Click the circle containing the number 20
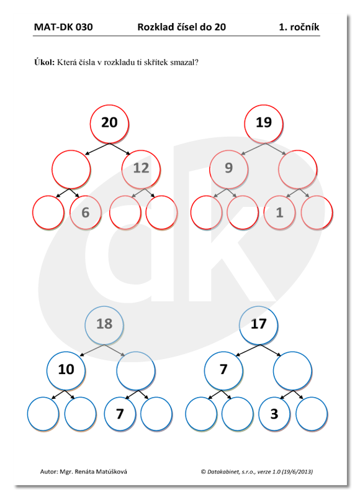click(109, 124)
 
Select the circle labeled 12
click(141, 169)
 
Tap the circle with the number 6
click(86, 212)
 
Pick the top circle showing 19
click(263, 124)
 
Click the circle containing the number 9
click(228, 169)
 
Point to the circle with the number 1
click(279, 212)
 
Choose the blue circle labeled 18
click(104, 325)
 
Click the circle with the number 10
click(66, 370)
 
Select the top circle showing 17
click(258, 325)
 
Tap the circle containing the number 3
click(274, 414)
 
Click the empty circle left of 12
click(71, 169)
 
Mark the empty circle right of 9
click(298, 169)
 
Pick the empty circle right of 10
click(136, 370)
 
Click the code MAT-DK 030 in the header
click(63, 27)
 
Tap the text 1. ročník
click(299, 27)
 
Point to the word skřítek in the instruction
click(156, 62)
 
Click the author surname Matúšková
click(112, 472)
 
